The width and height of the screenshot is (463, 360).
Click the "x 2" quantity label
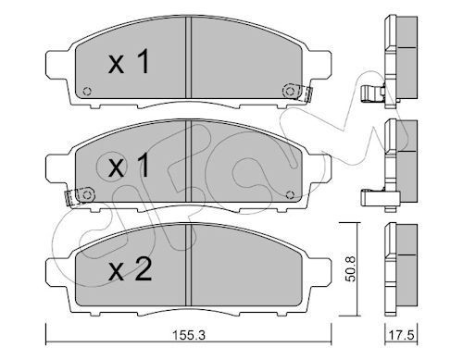tap(130, 271)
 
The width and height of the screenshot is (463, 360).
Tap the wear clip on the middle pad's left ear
tap(77, 195)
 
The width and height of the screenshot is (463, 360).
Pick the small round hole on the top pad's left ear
tap(86, 91)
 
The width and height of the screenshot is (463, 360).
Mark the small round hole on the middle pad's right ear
tap(294, 193)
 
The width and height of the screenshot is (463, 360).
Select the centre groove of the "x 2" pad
tap(189, 268)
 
